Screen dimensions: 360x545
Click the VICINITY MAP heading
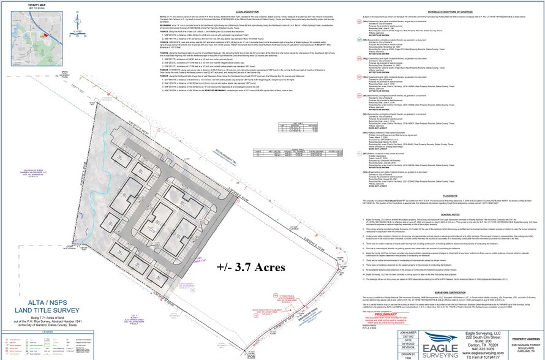(x=20, y=4)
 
